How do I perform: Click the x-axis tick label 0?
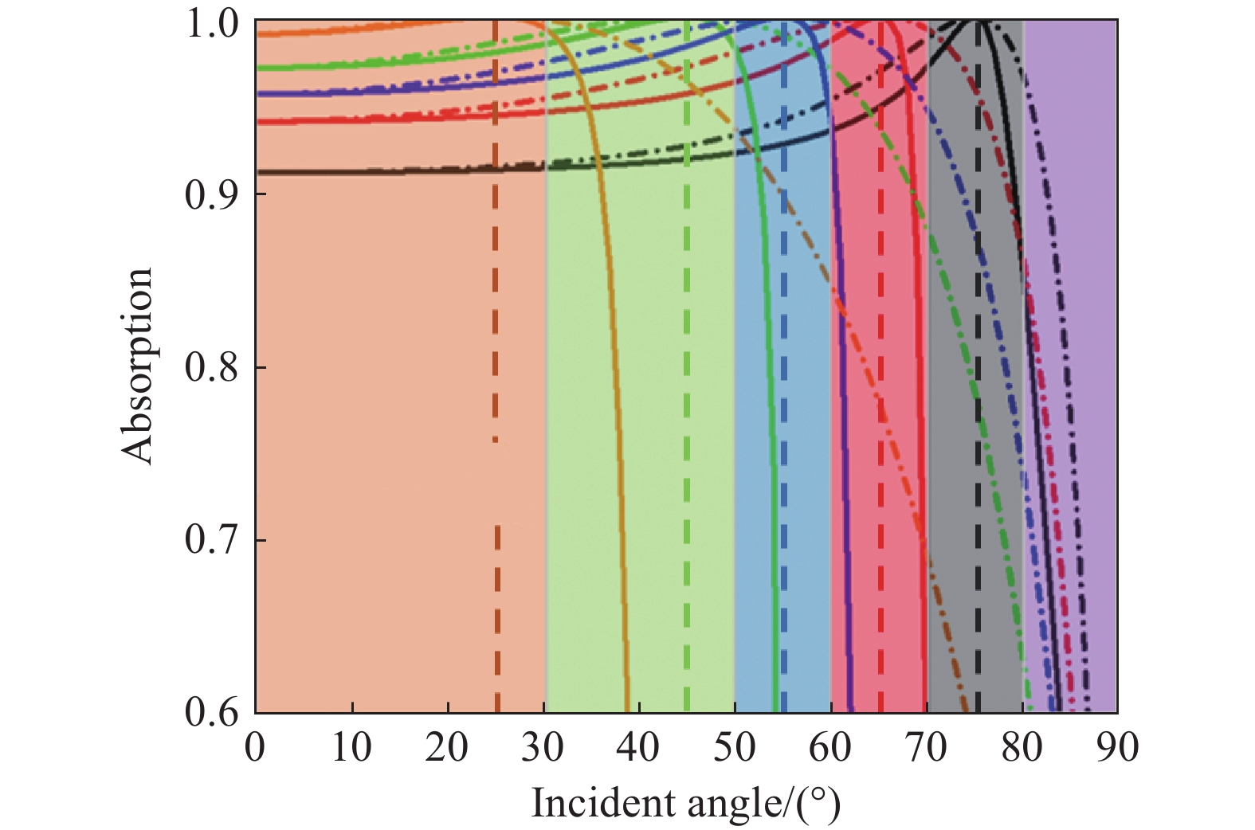[255, 748]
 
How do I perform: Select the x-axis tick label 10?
[351, 748]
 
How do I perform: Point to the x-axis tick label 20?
[447, 748]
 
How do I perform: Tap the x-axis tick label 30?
[543, 748]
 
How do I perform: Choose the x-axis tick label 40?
[639, 748]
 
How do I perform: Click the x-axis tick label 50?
[735, 748]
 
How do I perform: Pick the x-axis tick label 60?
[830, 748]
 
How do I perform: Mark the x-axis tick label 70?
[927, 748]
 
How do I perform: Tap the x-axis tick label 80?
[1022, 748]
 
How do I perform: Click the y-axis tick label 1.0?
[212, 24]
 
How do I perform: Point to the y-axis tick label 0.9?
[212, 194]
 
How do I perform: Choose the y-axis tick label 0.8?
[212, 367]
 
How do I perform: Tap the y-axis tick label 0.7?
[212, 539]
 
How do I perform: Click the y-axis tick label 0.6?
[212, 711]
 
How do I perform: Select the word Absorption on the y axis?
[137, 366]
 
